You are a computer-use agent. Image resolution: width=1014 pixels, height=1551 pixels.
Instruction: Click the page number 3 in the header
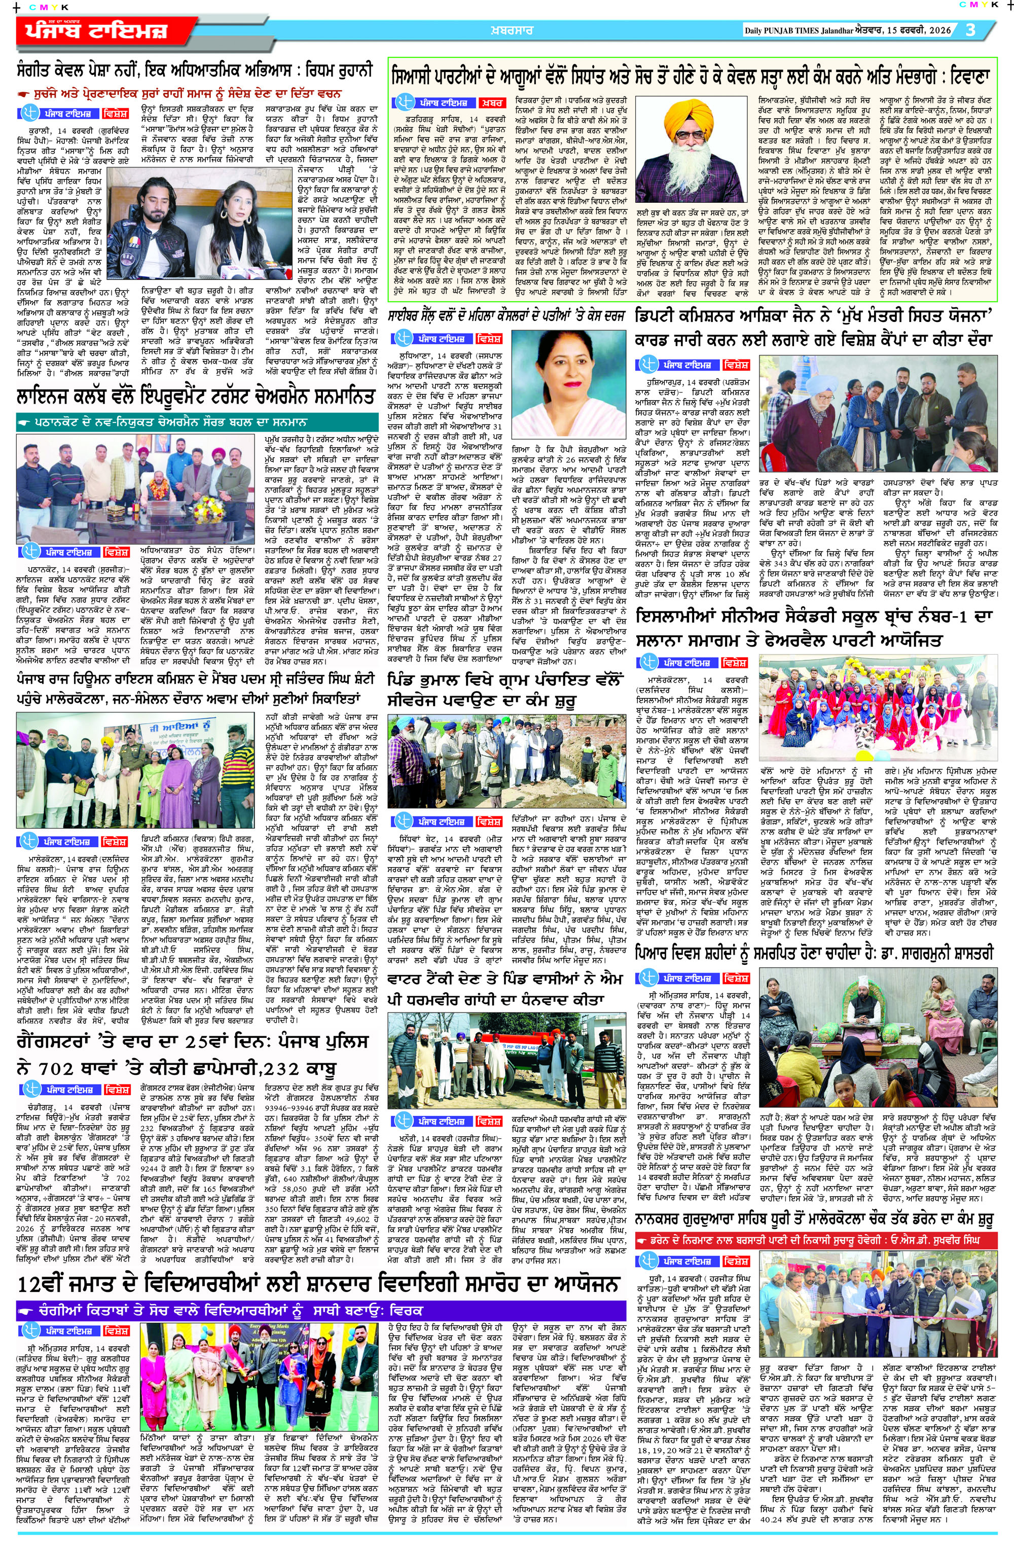point(971,30)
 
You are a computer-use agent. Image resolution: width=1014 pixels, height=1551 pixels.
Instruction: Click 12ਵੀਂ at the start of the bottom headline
point(46,1284)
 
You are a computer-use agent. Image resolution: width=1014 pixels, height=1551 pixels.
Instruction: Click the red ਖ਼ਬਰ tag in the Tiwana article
point(493,103)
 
